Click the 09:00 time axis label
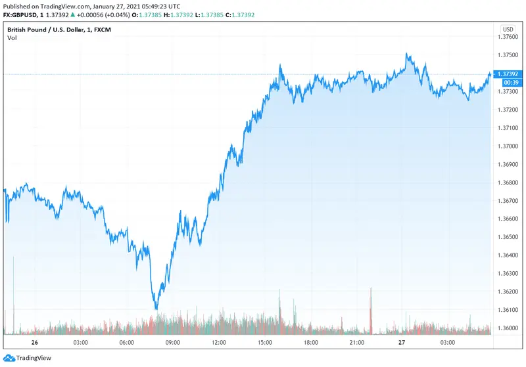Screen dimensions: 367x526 tap(173, 343)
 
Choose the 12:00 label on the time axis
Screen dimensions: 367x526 tap(219, 343)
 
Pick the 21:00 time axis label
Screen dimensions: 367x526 tap(357, 343)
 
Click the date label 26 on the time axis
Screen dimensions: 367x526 tap(34, 343)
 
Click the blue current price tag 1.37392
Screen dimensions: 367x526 tap(510, 74)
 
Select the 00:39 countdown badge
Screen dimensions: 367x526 tap(510, 83)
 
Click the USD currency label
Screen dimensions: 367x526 tap(508, 29)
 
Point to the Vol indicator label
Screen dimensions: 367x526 tap(12, 38)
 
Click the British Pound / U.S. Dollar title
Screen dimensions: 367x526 tap(53, 30)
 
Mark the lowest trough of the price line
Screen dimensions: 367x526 tap(156, 309)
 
